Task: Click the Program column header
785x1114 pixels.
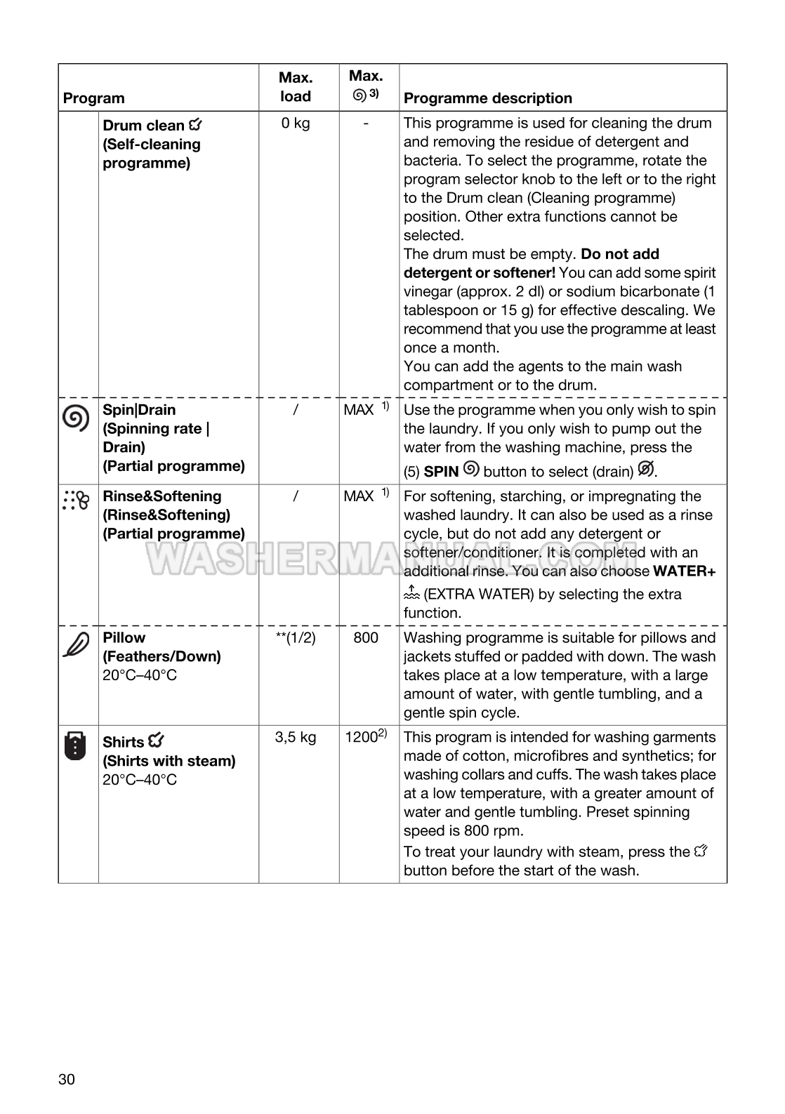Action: tap(93, 98)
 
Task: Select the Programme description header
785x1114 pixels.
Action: tap(487, 98)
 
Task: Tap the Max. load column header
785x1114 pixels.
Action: tap(296, 87)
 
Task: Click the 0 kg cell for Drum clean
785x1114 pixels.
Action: tap(296, 124)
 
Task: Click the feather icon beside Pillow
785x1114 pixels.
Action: tap(76, 644)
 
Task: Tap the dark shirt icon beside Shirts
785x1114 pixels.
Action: tap(75, 746)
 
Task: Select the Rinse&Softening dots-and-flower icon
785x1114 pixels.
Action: tap(76, 500)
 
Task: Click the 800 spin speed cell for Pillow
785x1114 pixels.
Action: tap(366, 638)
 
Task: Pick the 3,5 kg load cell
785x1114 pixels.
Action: tap(296, 738)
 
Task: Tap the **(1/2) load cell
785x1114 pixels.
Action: tap(296, 638)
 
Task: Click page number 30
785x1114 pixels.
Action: tap(67, 1080)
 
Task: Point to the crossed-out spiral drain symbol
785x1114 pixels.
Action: tap(646, 469)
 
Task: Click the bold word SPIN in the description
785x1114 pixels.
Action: tap(441, 472)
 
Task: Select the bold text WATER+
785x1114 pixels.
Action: tap(684, 571)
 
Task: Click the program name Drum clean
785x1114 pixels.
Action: tap(143, 126)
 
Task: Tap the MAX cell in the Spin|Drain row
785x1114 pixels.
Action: tap(359, 410)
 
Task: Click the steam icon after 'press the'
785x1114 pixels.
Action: tap(700, 851)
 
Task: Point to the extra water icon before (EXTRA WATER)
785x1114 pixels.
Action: tap(411, 593)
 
